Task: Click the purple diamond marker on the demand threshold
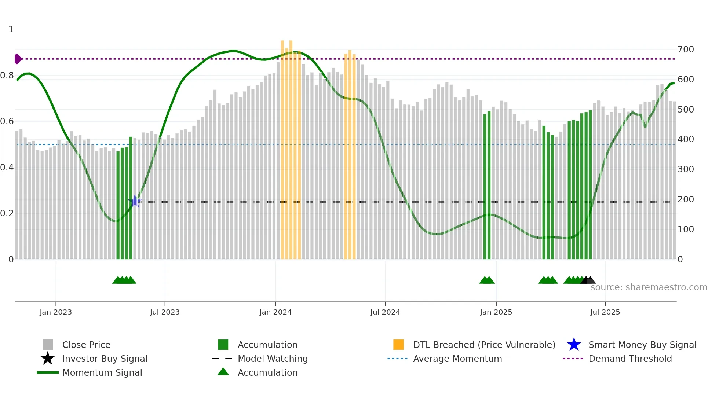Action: pos(18,59)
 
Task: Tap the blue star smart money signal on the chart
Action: pos(135,201)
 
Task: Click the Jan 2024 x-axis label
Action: pos(275,312)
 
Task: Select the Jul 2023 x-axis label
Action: pos(165,312)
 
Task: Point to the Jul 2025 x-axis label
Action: pos(605,312)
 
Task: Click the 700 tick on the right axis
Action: pos(686,49)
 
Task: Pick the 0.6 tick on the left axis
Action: pos(7,121)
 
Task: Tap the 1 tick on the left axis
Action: pos(11,29)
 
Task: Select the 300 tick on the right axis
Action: pos(686,169)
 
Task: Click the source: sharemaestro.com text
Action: pos(649,287)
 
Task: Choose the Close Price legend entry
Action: pos(86,345)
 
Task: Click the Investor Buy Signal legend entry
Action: pos(105,359)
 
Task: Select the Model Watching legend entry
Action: pos(273,359)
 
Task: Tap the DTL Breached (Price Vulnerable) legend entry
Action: pos(484,345)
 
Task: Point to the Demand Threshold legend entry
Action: pos(630,359)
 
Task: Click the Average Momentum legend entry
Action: pos(457,359)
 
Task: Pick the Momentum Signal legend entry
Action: pos(102,372)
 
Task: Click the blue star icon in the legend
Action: pos(574,345)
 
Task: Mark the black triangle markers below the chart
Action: pos(588,280)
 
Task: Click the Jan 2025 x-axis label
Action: pos(496,312)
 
